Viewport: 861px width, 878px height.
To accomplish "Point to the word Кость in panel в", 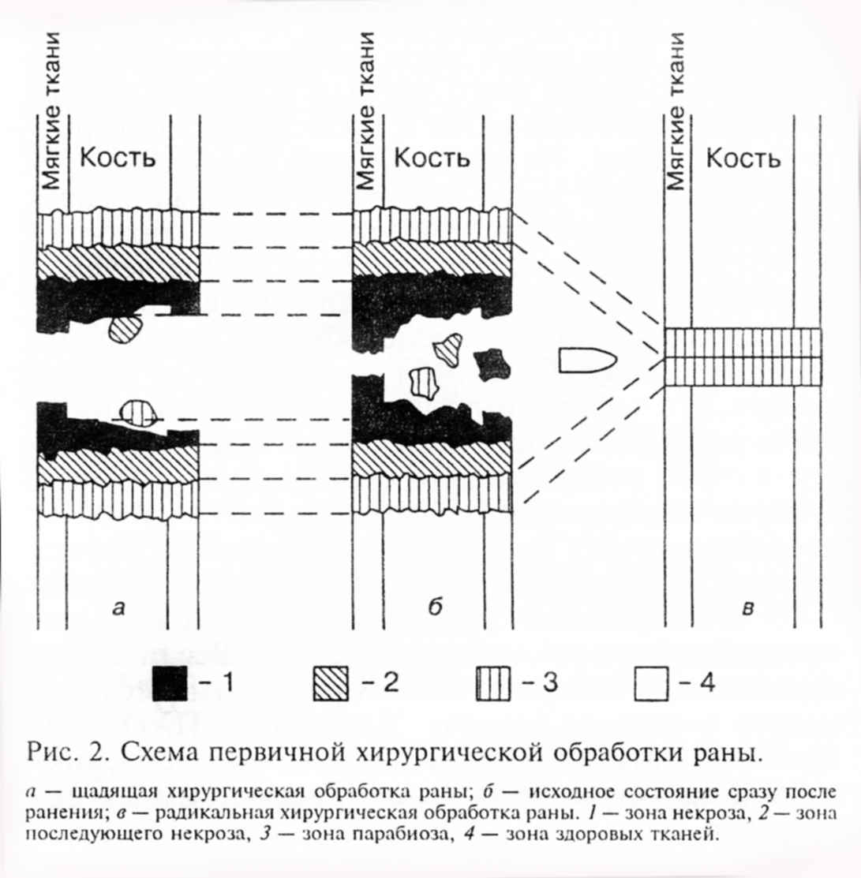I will (x=743, y=159).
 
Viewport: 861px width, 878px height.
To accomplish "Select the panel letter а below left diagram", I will (x=118, y=607).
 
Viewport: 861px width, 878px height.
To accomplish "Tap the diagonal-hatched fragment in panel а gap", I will (x=125, y=328).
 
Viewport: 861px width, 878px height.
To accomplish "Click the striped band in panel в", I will (x=742, y=357).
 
